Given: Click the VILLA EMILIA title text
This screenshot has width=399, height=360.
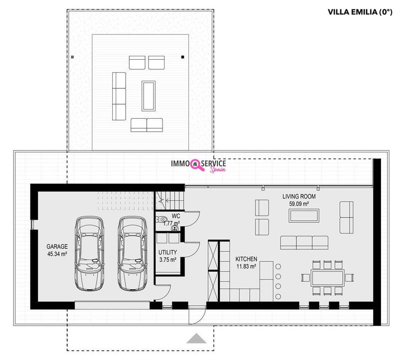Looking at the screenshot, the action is click(360, 12).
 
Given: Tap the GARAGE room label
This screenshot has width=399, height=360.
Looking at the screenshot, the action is click(57, 246).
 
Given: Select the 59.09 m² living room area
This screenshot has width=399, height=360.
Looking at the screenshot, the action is click(299, 204).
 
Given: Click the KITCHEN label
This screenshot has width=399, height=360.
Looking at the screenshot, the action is click(246, 259).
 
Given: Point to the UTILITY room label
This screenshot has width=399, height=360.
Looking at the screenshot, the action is click(168, 252).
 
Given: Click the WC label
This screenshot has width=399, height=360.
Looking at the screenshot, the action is click(176, 216).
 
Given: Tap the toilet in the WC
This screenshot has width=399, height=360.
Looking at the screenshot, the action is click(161, 219).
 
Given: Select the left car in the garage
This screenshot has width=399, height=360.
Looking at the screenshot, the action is click(90, 253).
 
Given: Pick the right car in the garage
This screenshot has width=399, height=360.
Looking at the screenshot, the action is click(133, 253).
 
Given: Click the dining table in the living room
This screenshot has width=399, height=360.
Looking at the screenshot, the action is click(328, 278).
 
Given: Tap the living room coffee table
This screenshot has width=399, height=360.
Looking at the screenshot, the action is click(304, 216).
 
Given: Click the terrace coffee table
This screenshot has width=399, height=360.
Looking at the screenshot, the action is click(149, 96).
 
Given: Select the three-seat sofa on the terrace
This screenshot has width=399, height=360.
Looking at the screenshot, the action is click(119, 96).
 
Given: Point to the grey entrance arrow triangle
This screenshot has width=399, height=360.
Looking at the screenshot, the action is click(197, 339).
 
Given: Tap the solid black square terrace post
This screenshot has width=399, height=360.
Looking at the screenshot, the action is click(183, 57).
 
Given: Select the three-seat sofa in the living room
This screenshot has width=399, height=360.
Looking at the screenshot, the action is click(304, 243).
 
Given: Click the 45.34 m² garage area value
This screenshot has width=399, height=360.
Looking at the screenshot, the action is click(57, 254).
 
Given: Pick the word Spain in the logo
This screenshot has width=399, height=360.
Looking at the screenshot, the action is click(217, 170).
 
